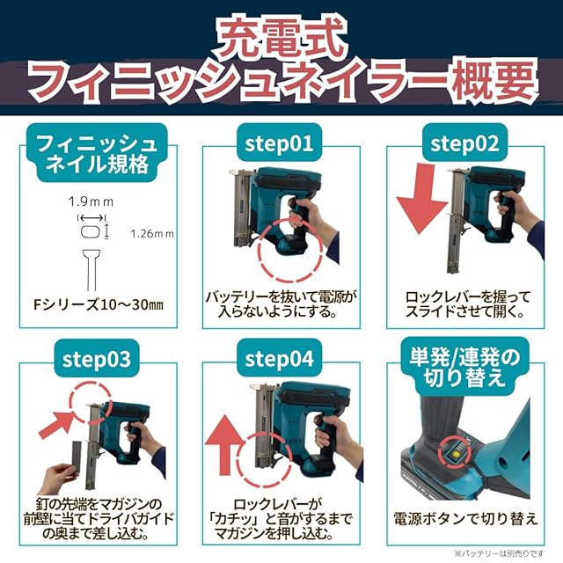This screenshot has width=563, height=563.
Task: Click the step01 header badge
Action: point(279,143)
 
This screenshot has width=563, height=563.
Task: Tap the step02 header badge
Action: point(464,143)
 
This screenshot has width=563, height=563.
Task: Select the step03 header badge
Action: point(97,359)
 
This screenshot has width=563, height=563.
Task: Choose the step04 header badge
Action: point(279,359)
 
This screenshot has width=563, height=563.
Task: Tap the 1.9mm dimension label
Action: point(91,202)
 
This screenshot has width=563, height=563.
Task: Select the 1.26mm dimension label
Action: point(152,234)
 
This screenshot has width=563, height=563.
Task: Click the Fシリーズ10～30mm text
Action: point(99,305)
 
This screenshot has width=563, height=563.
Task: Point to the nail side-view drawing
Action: point(91,270)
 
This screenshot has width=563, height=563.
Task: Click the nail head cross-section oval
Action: point(90,231)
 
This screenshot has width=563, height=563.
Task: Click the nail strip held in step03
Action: point(77,463)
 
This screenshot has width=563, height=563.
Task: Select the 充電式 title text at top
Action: point(282,37)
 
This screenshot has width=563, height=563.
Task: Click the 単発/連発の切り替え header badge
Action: point(464,367)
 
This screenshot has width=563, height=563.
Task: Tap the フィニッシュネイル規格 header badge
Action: point(97,154)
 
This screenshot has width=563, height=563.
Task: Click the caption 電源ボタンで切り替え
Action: point(465,519)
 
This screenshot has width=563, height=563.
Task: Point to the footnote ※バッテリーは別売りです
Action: point(500,554)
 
